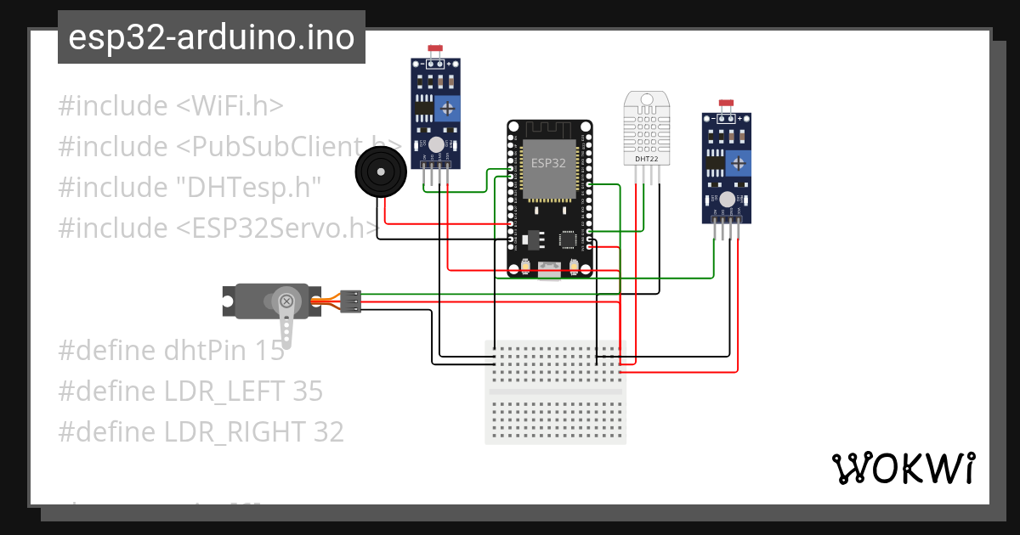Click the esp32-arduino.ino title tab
pyautogui.click(x=211, y=38)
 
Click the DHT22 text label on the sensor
pyautogui.click(x=647, y=159)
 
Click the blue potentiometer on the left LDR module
pyautogui.click(x=446, y=108)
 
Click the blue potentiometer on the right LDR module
pyautogui.click(x=738, y=161)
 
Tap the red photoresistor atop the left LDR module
pyautogui.click(x=436, y=51)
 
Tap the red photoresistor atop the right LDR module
pyautogui.click(x=727, y=104)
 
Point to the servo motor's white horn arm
pyautogui.click(x=288, y=323)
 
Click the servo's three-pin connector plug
pyautogui.click(x=350, y=301)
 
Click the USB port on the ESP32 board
pyautogui.click(x=550, y=270)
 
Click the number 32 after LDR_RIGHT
pyautogui.click(x=327, y=432)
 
